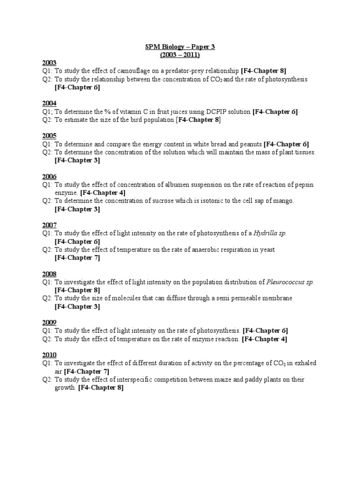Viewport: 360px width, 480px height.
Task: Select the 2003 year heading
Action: coord(49,63)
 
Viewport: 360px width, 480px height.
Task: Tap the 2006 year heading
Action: coord(49,176)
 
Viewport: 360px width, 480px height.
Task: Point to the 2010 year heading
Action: coord(49,354)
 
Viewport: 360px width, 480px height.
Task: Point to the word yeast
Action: coord(266,249)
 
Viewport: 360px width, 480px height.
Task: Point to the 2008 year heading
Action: coord(49,274)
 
